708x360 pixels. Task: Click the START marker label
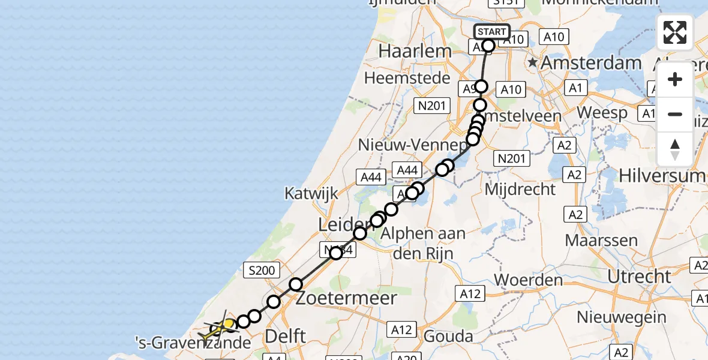(x=492, y=32)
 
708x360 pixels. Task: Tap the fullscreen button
(x=675, y=32)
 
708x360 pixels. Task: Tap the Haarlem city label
(x=415, y=51)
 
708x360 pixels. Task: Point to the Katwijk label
(x=311, y=193)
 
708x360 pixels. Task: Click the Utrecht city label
(x=639, y=277)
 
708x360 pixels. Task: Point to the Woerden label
(x=528, y=280)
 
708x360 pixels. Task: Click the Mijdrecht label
(x=520, y=190)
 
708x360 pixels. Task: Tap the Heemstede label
(x=407, y=78)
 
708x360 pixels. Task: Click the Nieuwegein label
(x=621, y=317)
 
